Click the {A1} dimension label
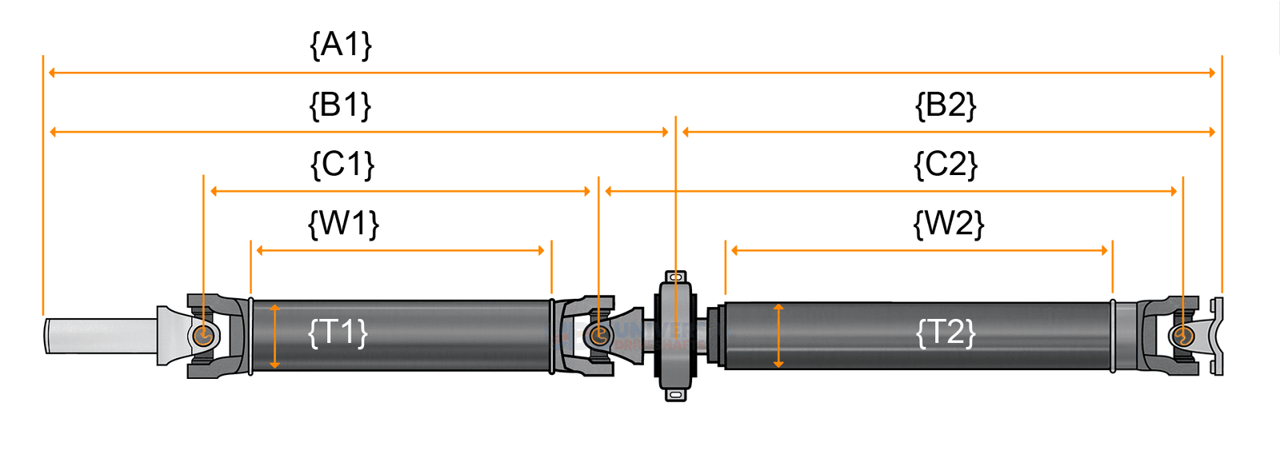pyautogui.click(x=341, y=46)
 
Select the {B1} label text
pyautogui.click(x=341, y=106)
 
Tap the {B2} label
pyautogui.click(x=946, y=106)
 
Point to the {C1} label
pyautogui.click(x=342, y=165)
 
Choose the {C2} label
pyautogui.click(x=946, y=165)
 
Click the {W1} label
pyautogui.click(x=343, y=224)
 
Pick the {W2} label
pyautogui.click(x=948, y=224)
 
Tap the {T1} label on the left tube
pyautogui.click(x=338, y=333)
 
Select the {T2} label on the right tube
pyautogui.click(x=946, y=333)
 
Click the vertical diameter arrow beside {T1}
pyautogui.click(x=275, y=336)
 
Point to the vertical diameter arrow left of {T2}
pyautogui.click(x=778, y=336)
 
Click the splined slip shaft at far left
pyautogui.click(x=100, y=336)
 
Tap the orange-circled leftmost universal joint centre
pyautogui.click(x=203, y=335)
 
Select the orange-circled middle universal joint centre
pyautogui.click(x=598, y=335)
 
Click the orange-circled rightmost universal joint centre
pyautogui.click(x=1182, y=336)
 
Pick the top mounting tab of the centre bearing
pyautogui.click(x=676, y=277)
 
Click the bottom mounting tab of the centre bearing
pyautogui.click(x=676, y=394)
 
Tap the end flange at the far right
pyautogui.click(x=1217, y=336)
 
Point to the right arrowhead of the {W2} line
pyautogui.click(x=1104, y=250)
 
